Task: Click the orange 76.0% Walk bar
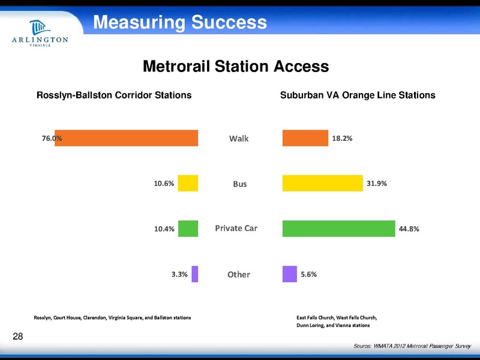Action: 126,138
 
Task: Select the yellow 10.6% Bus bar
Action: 188,183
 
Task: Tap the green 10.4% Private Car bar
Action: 188,229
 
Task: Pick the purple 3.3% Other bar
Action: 194,274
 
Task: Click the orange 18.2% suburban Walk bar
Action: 305,138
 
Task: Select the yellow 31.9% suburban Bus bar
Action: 323,183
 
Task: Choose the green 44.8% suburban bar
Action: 338,229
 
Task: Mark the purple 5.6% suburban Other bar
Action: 289,274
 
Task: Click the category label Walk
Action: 239,139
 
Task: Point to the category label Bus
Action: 240,184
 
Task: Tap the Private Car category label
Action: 236,229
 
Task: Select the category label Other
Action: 238,275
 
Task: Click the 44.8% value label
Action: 409,229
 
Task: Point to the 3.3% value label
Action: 179,274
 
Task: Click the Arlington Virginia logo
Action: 40,35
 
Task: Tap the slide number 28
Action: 17,336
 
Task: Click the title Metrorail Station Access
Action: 235,66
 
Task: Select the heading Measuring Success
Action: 179,23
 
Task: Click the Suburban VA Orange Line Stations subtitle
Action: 358,95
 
